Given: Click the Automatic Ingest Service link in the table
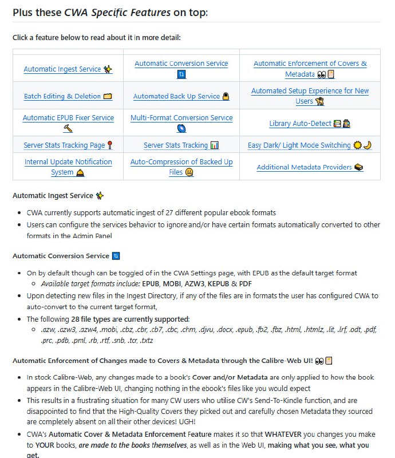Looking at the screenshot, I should pos(62,69).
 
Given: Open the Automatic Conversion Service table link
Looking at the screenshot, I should pos(181,64).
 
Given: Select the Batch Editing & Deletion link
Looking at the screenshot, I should pos(62,96).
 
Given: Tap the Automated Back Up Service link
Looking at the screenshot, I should pos(176,96).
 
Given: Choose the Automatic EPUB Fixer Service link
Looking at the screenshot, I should pos(68,118).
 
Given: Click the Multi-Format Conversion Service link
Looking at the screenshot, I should pos(181,118).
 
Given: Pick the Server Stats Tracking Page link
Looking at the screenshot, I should pos(64,145).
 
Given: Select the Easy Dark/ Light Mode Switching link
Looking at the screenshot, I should pos(299,145).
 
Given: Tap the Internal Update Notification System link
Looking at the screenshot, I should pos(68,162).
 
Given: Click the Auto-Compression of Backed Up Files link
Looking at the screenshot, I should pos(181,162).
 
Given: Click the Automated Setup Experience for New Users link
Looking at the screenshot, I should pos(310,91).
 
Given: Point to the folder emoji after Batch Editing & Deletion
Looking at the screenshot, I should pos(108,96).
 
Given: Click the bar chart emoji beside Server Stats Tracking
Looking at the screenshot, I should pos(215,145).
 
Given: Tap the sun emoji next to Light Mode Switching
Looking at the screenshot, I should pos(357,145).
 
